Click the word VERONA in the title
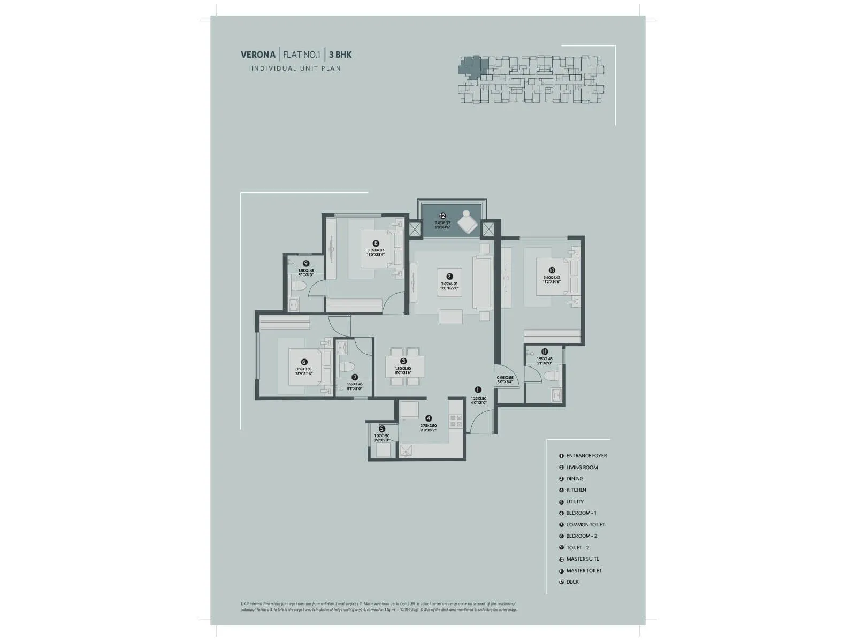click(258, 55)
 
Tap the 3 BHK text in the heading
click(340, 55)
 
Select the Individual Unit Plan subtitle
click(296, 68)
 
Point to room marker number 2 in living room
click(449, 277)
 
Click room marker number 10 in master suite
click(552, 270)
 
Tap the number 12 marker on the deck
click(442, 216)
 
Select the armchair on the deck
click(468, 221)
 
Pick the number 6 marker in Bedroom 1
click(304, 362)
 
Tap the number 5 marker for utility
click(381, 429)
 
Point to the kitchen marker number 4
click(429, 418)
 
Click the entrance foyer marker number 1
click(478, 390)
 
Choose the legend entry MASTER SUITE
click(583, 559)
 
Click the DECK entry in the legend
click(572, 582)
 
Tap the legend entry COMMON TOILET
click(585, 525)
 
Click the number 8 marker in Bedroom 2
click(376, 243)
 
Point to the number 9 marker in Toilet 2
click(306, 263)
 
